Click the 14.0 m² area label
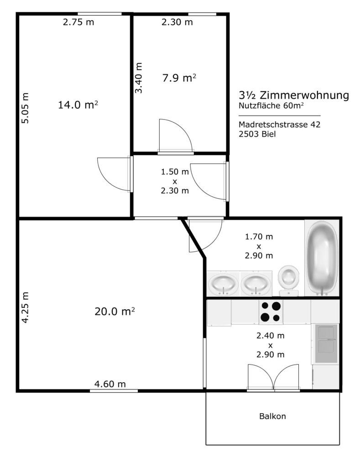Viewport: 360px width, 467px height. (78, 104)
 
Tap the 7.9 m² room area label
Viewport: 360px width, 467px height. (179, 78)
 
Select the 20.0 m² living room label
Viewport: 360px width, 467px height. (115, 311)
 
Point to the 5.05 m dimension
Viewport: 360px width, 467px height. (26, 108)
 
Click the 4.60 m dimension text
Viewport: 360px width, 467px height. (110, 384)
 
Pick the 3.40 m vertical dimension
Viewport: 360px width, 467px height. (139, 78)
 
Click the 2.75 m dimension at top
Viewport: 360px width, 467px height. (78, 22)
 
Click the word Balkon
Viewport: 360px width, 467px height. (272, 416)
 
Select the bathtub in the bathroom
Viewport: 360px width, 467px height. (322, 258)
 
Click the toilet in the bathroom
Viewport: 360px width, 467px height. (288, 280)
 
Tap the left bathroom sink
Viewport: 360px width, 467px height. (223, 284)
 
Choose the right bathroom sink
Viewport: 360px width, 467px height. (256, 284)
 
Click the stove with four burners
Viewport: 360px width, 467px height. (271, 312)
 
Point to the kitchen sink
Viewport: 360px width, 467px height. (326, 343)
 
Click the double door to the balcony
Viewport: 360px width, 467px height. (274, 377)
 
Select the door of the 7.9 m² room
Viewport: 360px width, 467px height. (175, 136)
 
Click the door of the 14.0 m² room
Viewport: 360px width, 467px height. (115, 174)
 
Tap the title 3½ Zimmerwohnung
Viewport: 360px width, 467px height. (293, 95)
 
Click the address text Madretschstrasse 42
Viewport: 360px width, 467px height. (280, 124)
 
